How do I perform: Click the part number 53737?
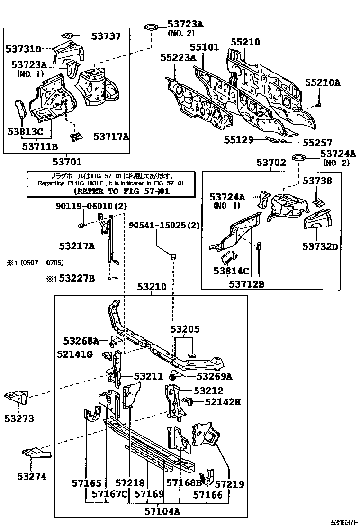(103, 36)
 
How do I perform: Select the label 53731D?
(23, 48)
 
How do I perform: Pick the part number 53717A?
(111, 136)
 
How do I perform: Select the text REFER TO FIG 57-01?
(122, 191)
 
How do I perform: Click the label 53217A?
(77, 246)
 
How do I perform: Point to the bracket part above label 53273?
(17, 398)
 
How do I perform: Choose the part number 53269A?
(208, 376)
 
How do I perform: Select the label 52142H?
(223, 402)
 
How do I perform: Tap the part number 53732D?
(321, 246)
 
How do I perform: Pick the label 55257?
(317, 142)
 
